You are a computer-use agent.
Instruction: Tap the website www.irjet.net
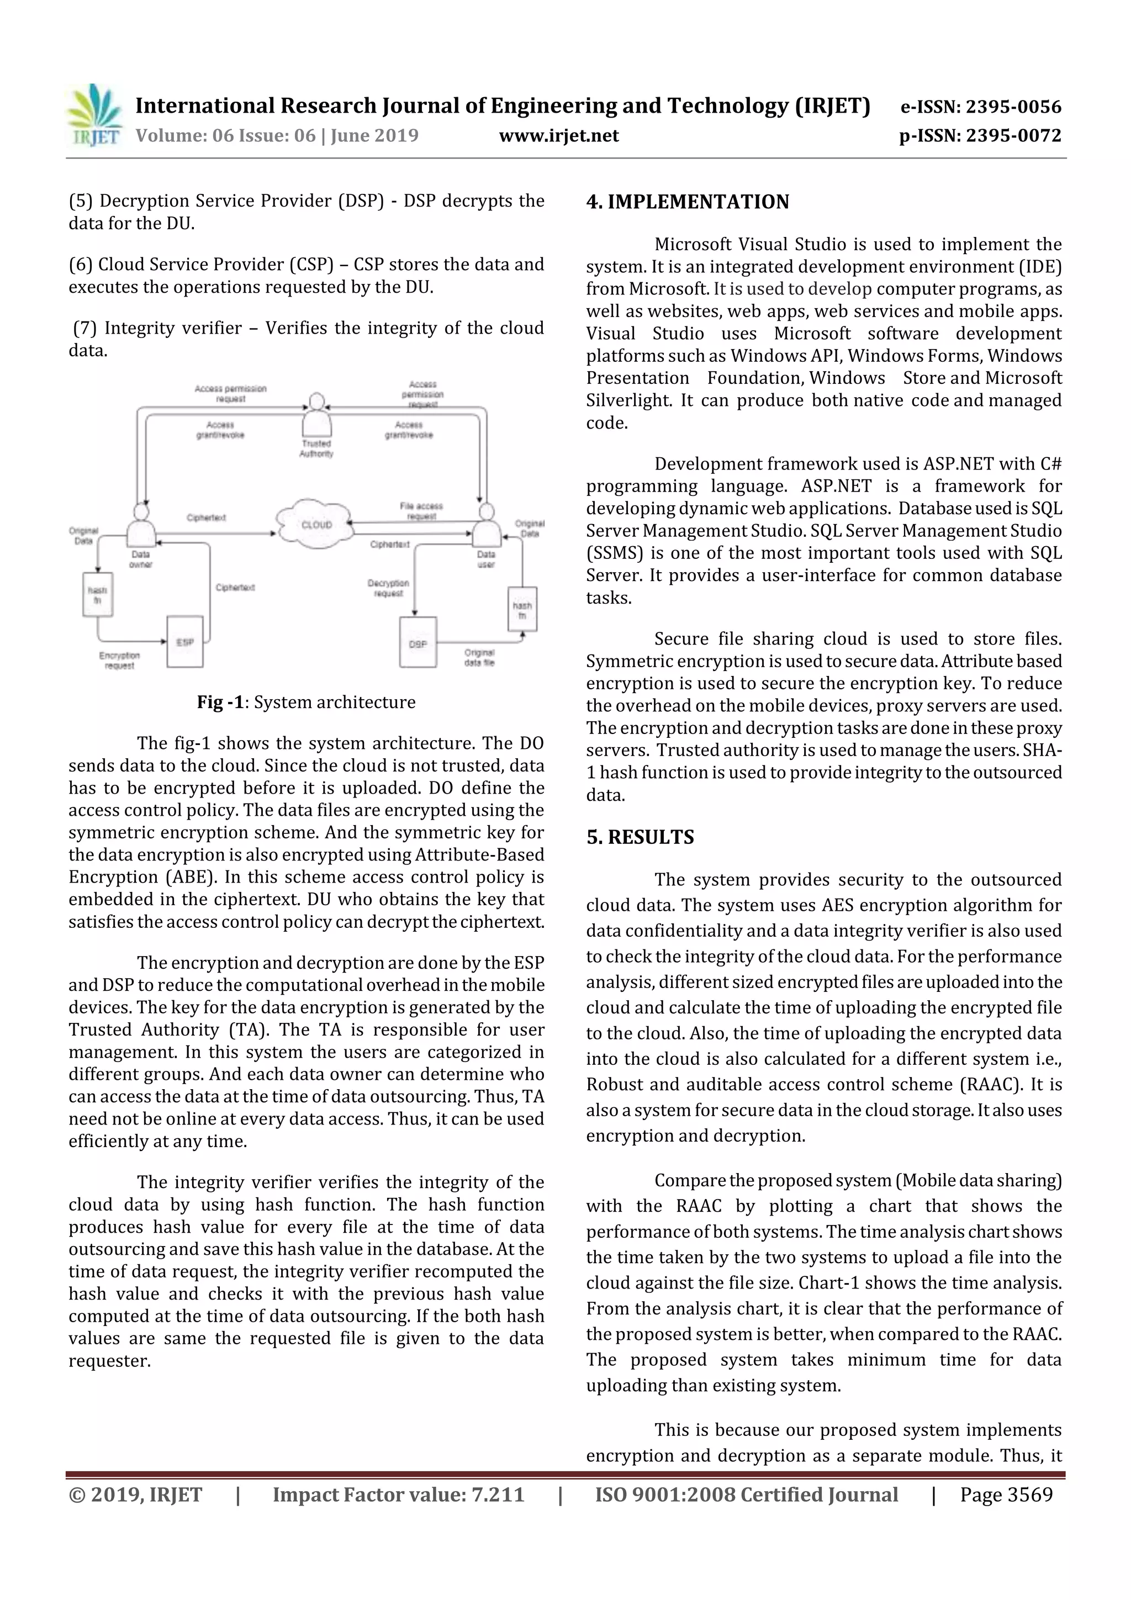click(558, 135)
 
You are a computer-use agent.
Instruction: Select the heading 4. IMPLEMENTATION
click(687, 202)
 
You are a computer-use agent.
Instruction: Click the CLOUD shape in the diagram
click(316, 524)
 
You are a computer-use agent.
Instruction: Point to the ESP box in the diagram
click(184, 642)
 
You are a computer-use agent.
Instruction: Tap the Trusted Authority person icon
click(316, 416)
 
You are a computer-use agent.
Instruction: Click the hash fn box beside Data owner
click(98, 594)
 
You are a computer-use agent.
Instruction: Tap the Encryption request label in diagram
click(119, 660)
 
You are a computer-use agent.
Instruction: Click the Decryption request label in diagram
click(388, 588)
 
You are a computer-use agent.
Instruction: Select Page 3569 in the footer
click(1006, 1494)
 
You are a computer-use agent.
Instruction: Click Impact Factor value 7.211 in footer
click(398, 1494)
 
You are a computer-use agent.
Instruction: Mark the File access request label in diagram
click(421, 511)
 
